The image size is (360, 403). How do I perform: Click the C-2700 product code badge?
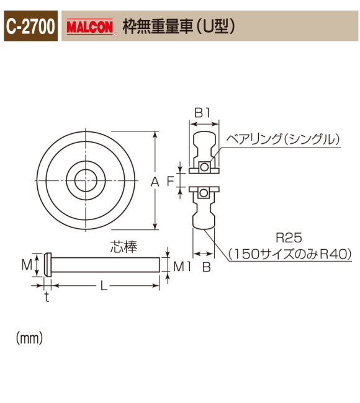pyautogui.click(x=31, y=27)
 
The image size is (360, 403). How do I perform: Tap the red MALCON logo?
pyautogui.click(x=91, y=28)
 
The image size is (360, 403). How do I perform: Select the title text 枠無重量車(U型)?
pyautogui.click(x=179, y=28)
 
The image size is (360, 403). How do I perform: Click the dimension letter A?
pyautogui.click(x=155, y=181)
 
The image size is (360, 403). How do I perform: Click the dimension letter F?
pyautogui.click(x=170, y=181)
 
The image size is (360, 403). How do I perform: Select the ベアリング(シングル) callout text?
pyautogui.click(x=283, y=140)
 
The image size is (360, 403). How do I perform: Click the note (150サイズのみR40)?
pyautogui.click(x=289, y=253)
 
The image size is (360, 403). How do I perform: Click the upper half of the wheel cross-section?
pyautogui.click(x=204, y=149)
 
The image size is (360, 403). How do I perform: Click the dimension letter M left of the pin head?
pyautogui.click(x=26, y=265)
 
